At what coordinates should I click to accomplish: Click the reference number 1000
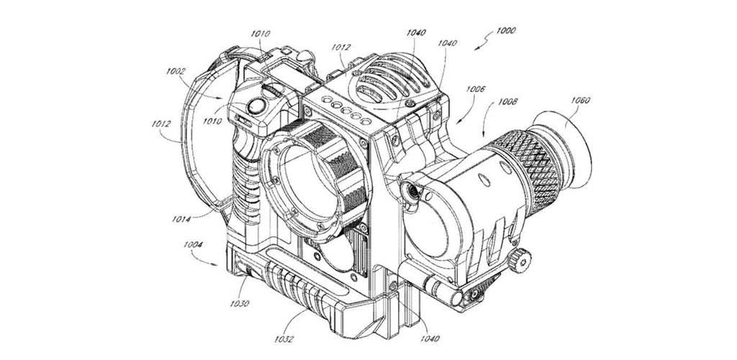[505, 31]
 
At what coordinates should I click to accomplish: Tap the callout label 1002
[176, 71]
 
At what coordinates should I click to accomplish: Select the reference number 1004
[193, 244]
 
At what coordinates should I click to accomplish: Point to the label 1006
[476, 89]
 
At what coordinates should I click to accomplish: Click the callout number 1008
[508, 102]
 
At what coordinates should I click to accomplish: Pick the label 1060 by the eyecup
[581, 100]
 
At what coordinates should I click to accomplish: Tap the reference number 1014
[181, 219]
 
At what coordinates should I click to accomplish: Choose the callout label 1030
[240, 303]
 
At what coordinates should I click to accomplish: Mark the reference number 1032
[284, 338]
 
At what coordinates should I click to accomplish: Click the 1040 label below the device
[430, 338]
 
